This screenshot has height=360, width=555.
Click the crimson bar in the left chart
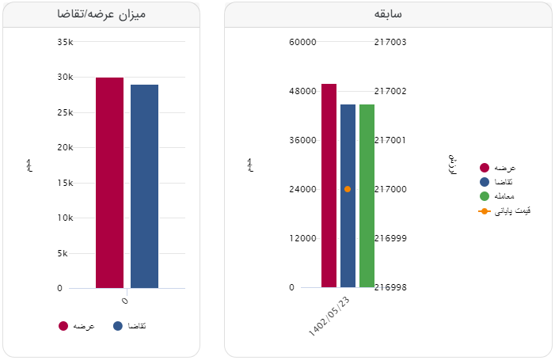tap(109, 182)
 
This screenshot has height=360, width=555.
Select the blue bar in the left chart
tap(144, 186)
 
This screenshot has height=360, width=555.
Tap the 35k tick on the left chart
tap(66, 42)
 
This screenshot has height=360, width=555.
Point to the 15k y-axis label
tap(66, 183)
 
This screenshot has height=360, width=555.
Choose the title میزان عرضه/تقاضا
tap(101, 14)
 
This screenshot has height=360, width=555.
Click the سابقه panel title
tap(388, 14)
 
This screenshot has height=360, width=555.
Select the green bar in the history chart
tap(367, 195)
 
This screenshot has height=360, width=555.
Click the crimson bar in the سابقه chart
tap(329, 185)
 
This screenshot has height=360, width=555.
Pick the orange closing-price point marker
tap(348, 189)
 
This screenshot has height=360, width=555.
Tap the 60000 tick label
tap(303, 42)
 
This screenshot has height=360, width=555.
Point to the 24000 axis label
tap(303, 189)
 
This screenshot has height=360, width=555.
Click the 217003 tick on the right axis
tap(390, 42)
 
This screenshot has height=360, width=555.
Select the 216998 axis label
tap(390, 287)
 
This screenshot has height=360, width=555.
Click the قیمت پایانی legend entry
tap(505, 211)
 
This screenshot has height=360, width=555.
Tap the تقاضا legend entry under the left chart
tap(131, 326)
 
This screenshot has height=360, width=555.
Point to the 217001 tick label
tap(390, 140)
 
